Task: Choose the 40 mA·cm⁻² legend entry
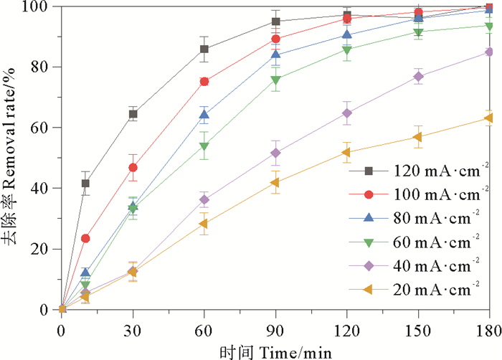(x=412, y=265)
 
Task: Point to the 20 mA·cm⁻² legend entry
(x=412, y=289)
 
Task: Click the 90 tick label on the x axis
(x=275, y=331)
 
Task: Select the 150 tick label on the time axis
(x=419, y=331)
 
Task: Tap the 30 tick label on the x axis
(x=133, y=331)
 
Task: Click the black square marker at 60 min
(x=204, y=49)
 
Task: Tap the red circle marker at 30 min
(x=133, y=168)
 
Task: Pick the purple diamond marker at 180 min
(x=490, y=52)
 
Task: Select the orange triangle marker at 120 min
(x=347, y=152)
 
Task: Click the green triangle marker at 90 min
(x=275, y=80)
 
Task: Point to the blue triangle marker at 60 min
(x=204, y=115)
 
